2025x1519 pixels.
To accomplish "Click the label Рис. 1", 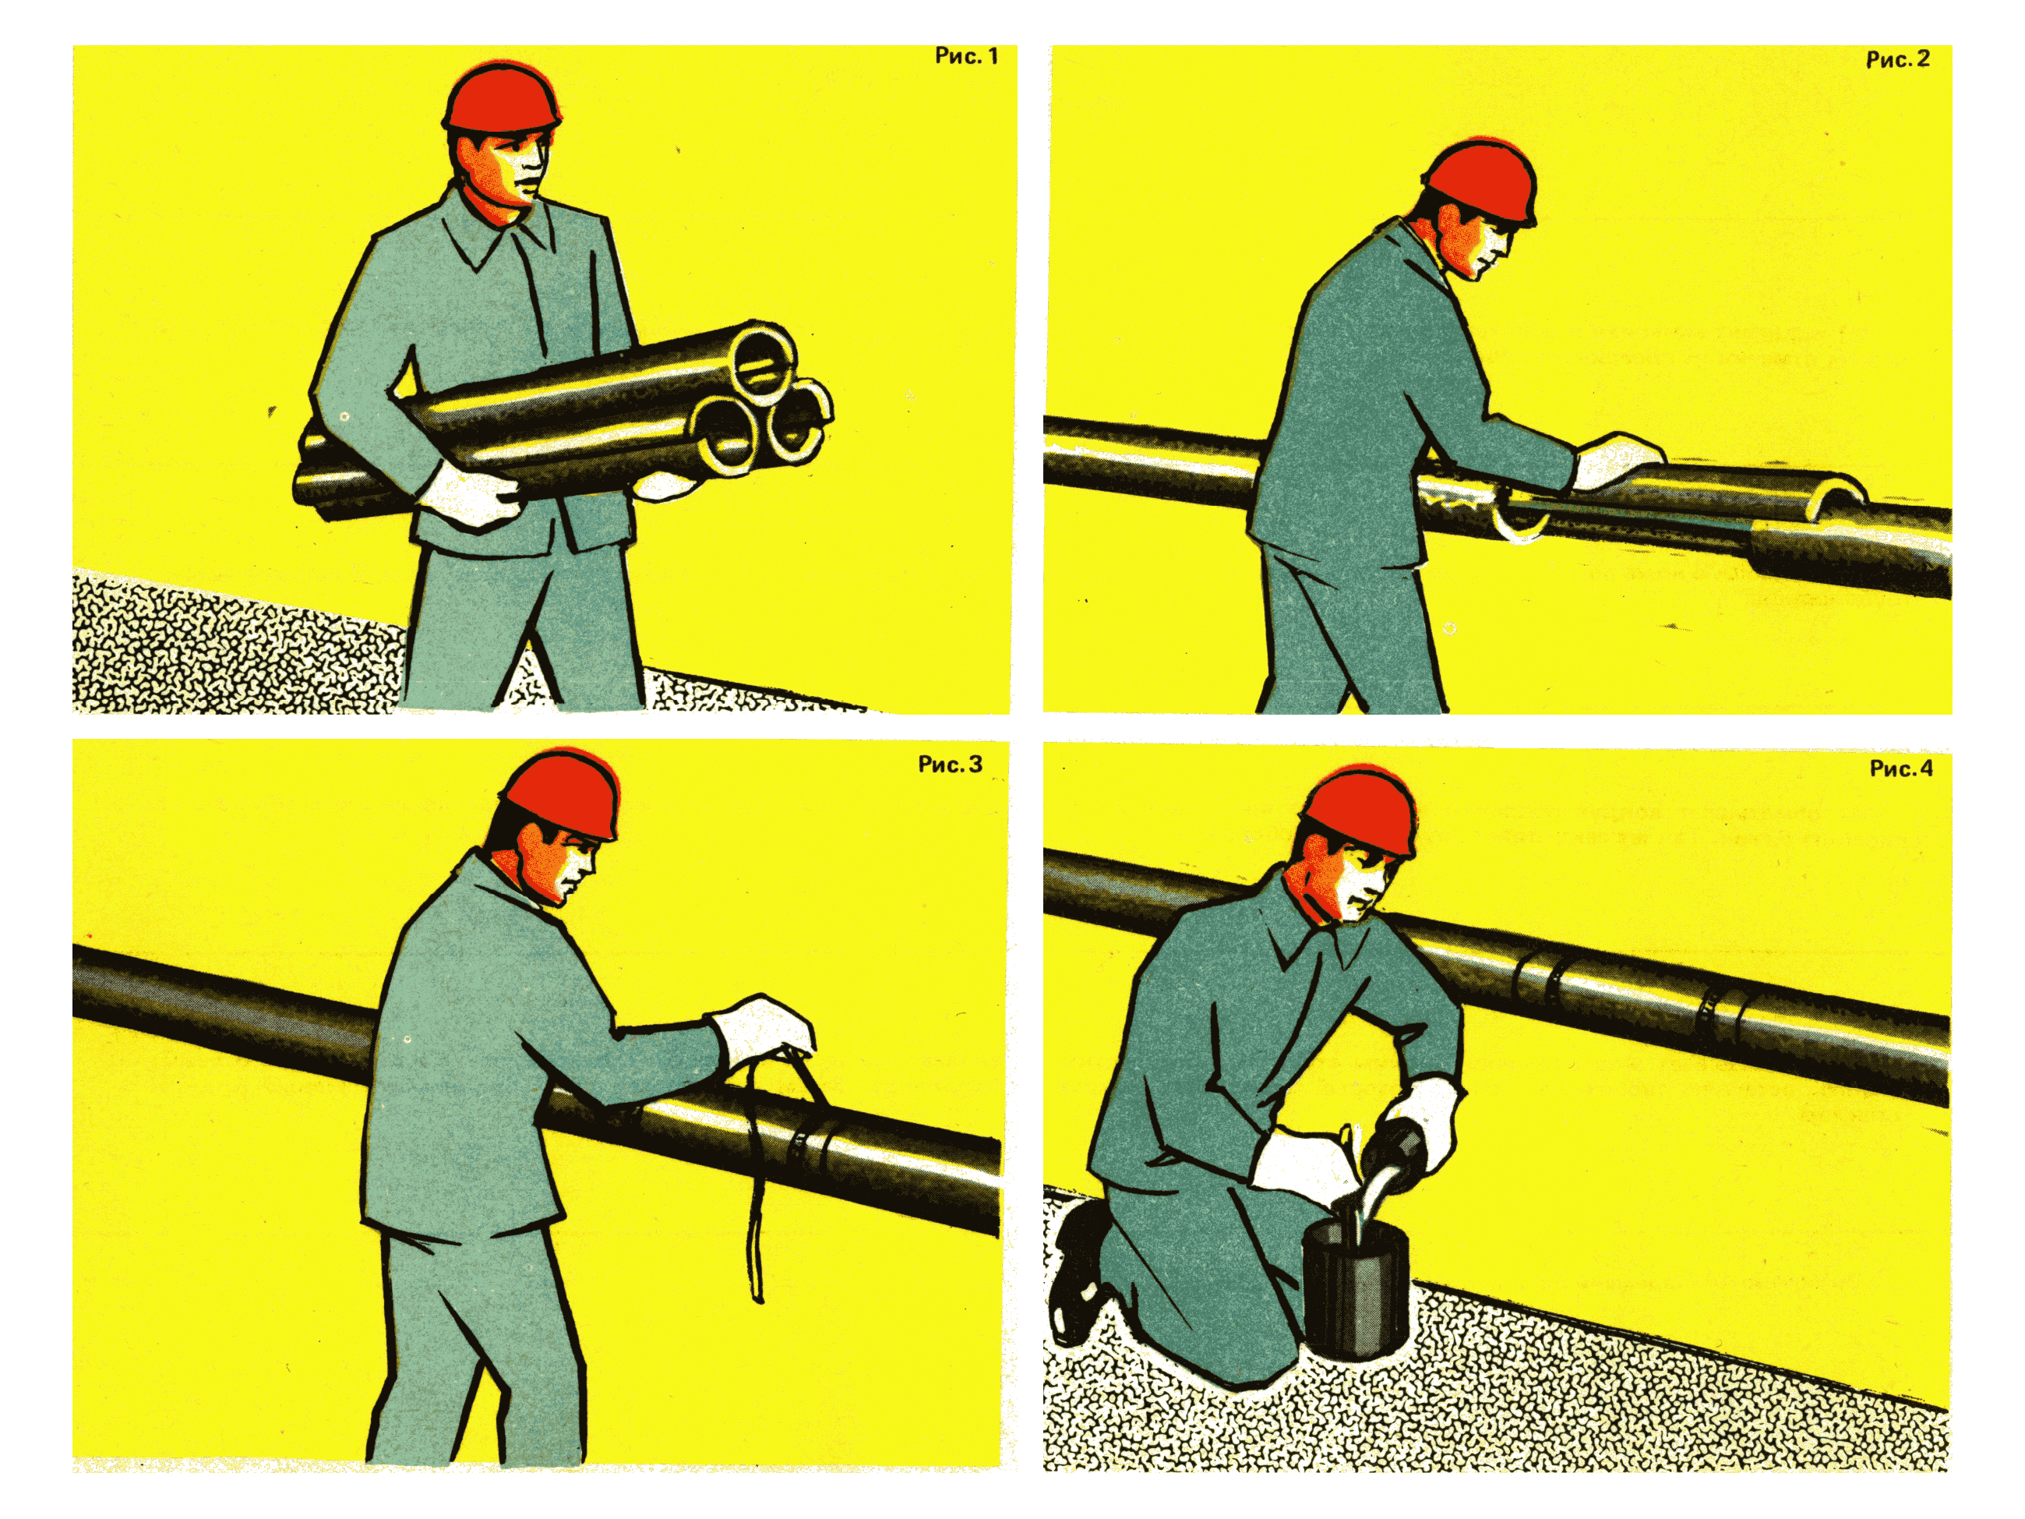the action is click(x=966, y=56).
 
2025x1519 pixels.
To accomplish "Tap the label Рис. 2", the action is click(x=1898, y=59).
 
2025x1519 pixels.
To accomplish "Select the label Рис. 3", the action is click(x=951, y=764).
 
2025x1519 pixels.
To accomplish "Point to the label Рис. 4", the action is click(x=1901, y=768).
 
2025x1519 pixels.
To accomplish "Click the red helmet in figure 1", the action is click(x=502, y=95).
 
